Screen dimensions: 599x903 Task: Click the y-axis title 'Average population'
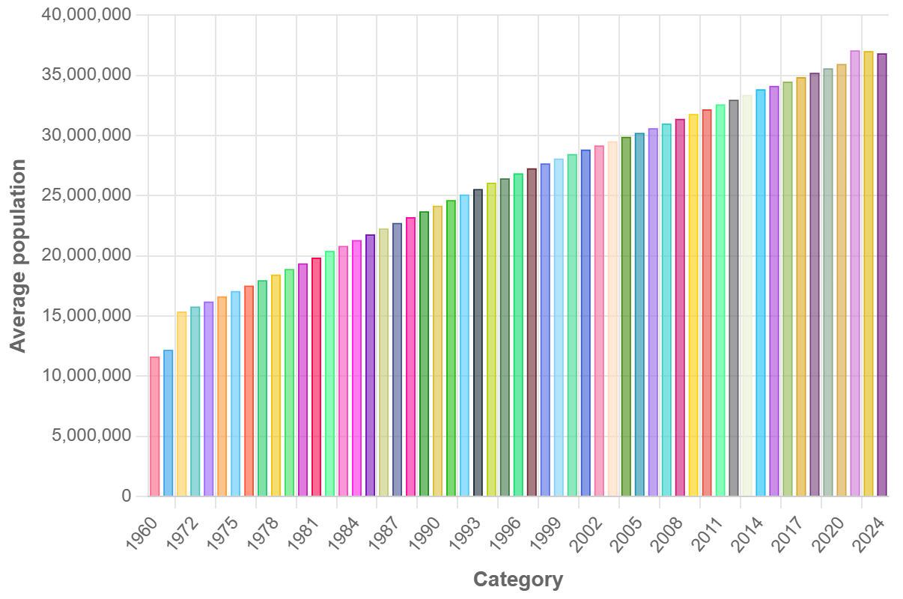click(18, 255)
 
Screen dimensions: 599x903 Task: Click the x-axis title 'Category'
click(518, 580)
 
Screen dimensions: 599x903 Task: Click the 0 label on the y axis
click(125, 496)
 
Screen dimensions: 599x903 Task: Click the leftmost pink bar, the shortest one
click(155, 426)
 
